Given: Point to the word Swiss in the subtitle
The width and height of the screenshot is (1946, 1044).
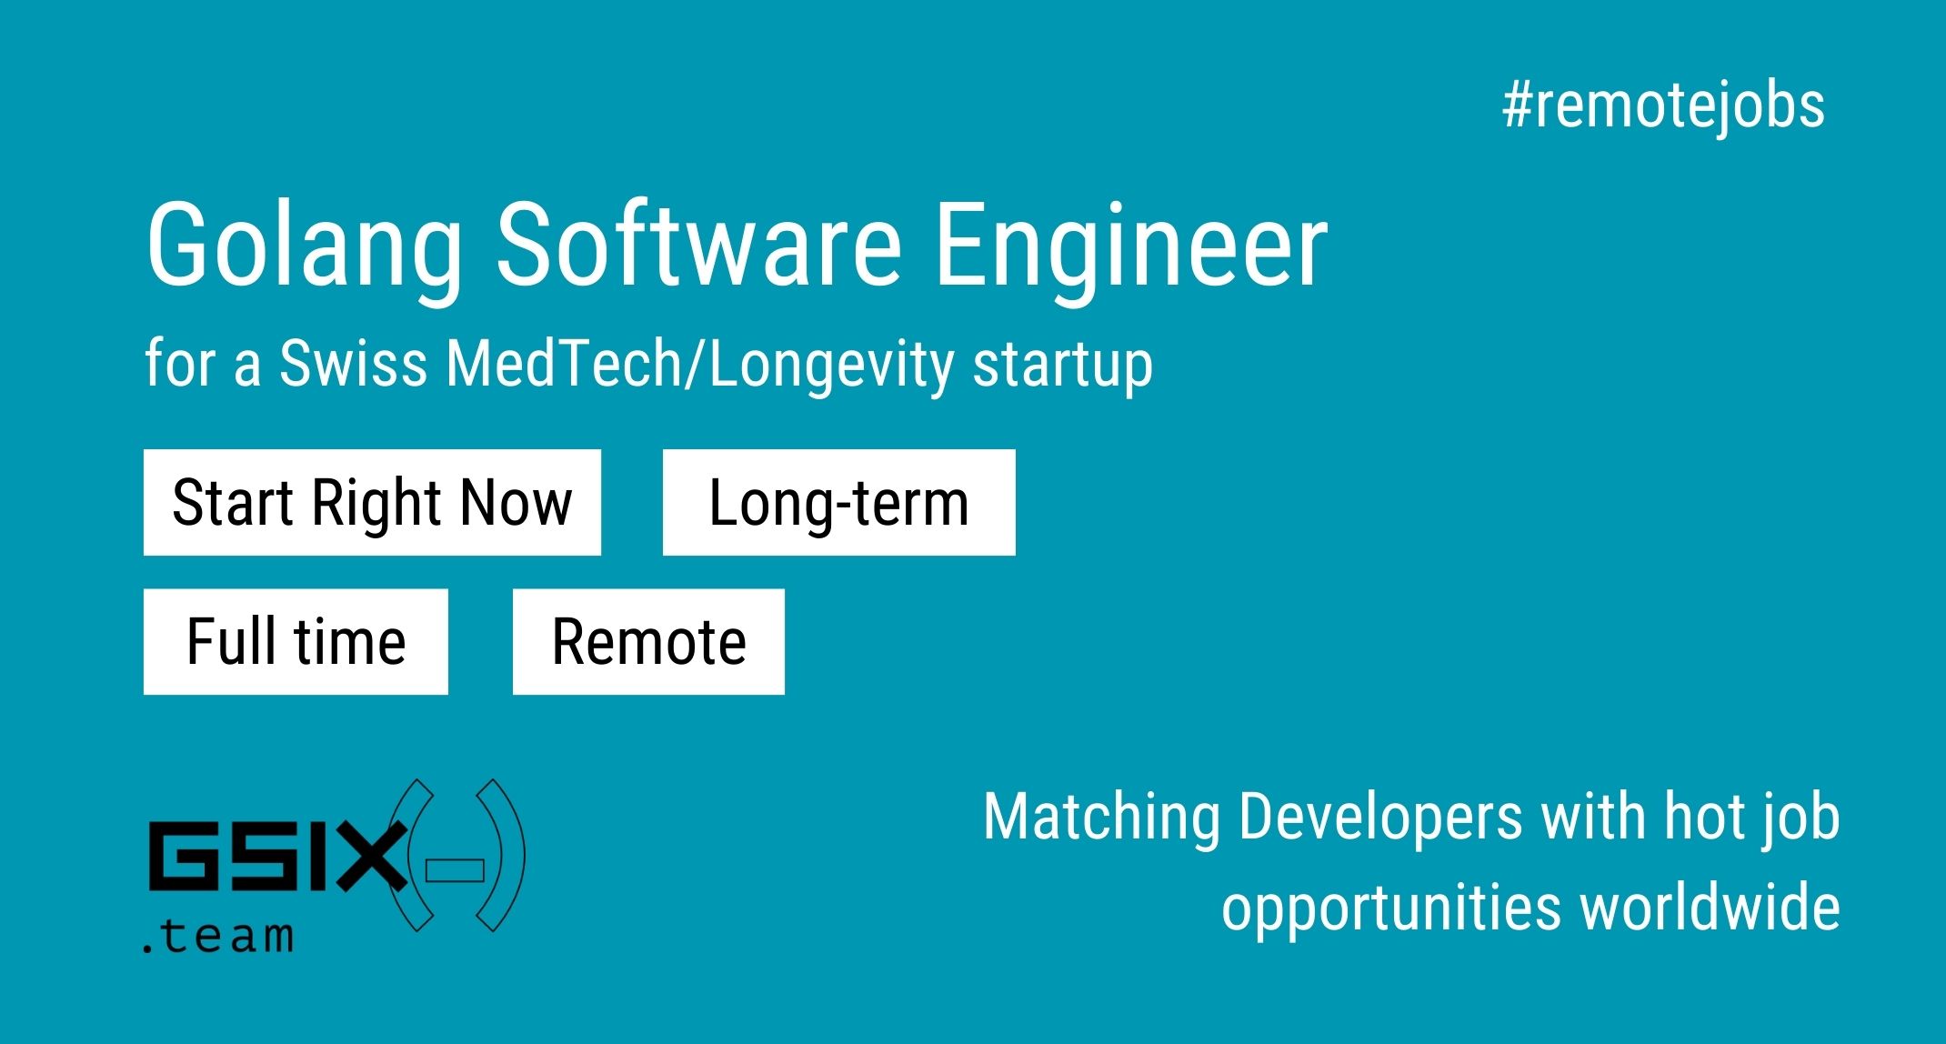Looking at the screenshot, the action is [x=353, y=363].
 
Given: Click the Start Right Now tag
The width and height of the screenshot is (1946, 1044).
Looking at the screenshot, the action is [x=372, y=502].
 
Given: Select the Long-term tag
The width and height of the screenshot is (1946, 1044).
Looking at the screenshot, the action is [x=838, y=502].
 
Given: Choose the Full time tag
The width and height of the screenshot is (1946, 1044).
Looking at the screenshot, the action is [x=296, y=641].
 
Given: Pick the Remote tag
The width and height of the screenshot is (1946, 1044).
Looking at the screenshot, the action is [x=648, y=641].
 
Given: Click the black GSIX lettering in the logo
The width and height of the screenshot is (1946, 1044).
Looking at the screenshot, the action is [x=277, y=856].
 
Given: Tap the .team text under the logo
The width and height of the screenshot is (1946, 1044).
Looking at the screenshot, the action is [x=218, y=934].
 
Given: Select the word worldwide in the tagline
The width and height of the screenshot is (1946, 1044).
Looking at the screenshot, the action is [x=1710, y=907].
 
